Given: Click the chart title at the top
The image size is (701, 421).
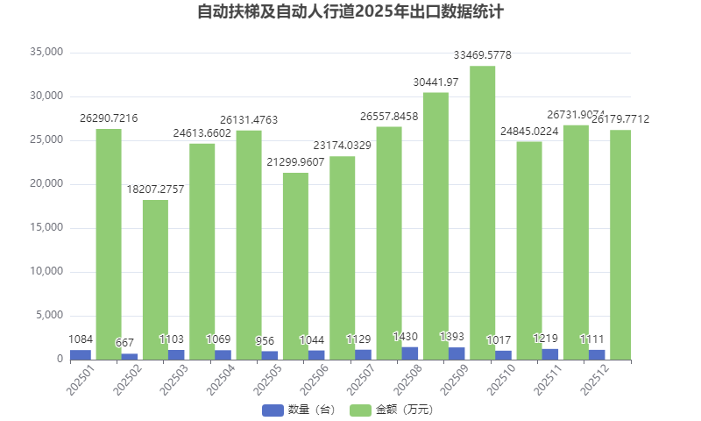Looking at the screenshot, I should (x=350, y=13).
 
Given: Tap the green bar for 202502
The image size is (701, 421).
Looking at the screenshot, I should (x=155, y=279).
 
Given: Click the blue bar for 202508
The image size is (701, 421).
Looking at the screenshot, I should (x=409, y=353).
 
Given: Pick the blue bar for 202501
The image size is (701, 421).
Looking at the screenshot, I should (x=81, y=354).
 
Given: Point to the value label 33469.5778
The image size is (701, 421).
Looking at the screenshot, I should (x=482, y=55).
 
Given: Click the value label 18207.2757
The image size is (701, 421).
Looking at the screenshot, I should (x=155, y=189).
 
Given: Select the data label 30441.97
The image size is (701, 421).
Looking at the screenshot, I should (x=435, y=82).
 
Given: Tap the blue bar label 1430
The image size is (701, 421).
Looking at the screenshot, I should (x=406, y=337).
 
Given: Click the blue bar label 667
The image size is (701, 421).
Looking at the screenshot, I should (x=127, y=344).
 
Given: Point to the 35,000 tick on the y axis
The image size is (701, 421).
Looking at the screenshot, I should (x=46, y=52).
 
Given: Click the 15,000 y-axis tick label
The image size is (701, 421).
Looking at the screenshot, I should (x=46, y=228).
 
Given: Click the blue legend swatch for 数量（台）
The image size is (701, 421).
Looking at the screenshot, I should (x=273, y=410).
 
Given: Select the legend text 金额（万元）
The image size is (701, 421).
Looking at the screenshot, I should (x=404, y=410).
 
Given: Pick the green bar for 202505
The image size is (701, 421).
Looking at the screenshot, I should (x=295, y=266).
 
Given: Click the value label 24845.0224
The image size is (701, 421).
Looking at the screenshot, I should (x=529, y=131).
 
